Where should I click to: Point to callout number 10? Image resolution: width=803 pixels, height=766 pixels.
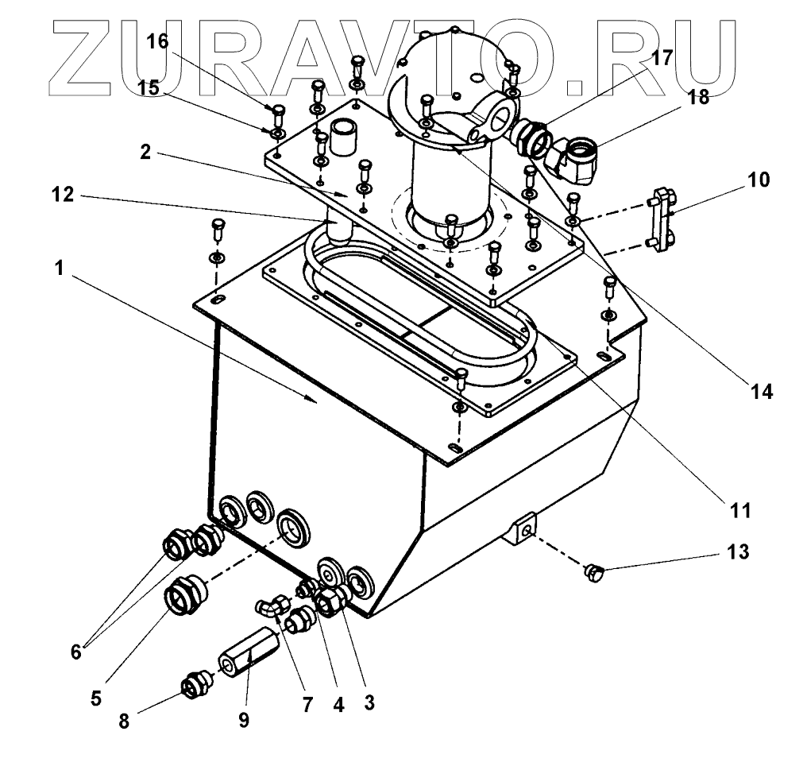click(x=759, y=179)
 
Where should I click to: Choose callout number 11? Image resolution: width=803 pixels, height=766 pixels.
click(x=740, y=509)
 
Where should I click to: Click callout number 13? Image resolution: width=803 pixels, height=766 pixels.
click(x=737, y=551)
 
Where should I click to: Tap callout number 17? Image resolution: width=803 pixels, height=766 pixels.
click(x=661, y=57)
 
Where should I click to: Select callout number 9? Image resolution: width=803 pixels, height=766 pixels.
click(x=243, y=720)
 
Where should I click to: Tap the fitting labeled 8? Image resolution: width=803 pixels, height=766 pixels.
click(x=194, y=684)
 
